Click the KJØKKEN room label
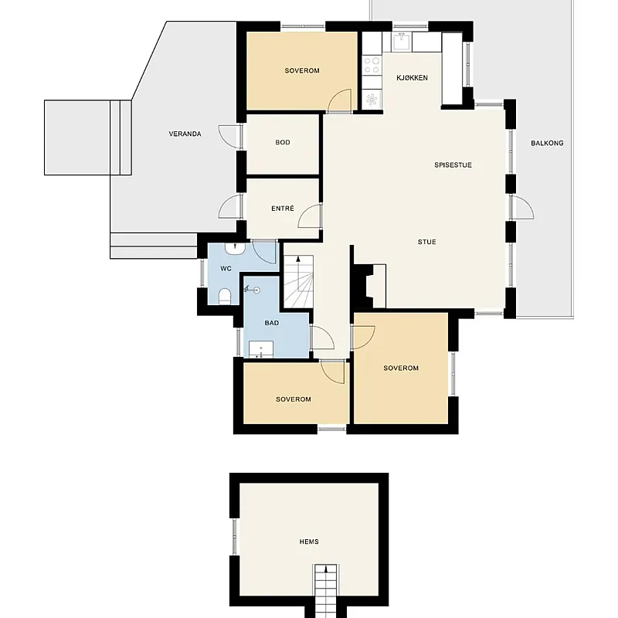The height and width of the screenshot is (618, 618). coord(412,78)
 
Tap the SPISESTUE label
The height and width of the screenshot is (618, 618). coord(453,165)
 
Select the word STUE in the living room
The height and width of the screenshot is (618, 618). coord(427,242)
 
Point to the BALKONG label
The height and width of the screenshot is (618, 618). coord(547,143)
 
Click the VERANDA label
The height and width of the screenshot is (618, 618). coord(185,134)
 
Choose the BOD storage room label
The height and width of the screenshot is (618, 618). coord(283,142)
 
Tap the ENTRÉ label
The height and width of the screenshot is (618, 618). coord(283,209)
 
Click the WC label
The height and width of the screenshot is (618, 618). coord(226,269)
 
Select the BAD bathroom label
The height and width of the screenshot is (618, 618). coord(272,323)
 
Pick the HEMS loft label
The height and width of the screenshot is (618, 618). coord(309,542)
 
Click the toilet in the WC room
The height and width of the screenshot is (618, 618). coord(225,297)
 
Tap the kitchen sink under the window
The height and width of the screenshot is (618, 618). coord(401,42)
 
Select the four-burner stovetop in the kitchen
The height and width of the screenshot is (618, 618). coord(372,66)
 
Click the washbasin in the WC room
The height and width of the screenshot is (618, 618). coord(235,248)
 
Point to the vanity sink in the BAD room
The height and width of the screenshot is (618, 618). coord(261,350)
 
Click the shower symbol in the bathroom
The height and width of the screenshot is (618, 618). coord(253,290)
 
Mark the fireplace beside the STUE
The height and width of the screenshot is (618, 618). coord(369,286)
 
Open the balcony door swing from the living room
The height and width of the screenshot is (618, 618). coord(523,207)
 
